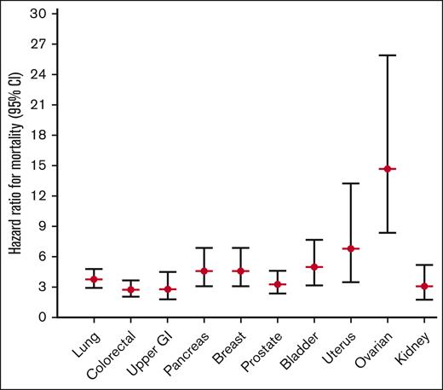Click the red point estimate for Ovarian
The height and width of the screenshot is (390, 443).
click(x=388, y=169)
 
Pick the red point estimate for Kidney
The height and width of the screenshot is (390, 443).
click(x=424, y=286)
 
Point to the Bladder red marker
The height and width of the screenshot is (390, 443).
click(x=314, y=267)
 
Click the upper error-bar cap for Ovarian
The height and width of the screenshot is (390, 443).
click(x=388, y=55)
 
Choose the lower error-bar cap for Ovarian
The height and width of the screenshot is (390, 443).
click(x=388, y=232)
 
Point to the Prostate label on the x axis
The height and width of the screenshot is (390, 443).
click(x=261, y=351)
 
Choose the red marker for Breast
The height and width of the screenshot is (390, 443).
click(x=240, y=271)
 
